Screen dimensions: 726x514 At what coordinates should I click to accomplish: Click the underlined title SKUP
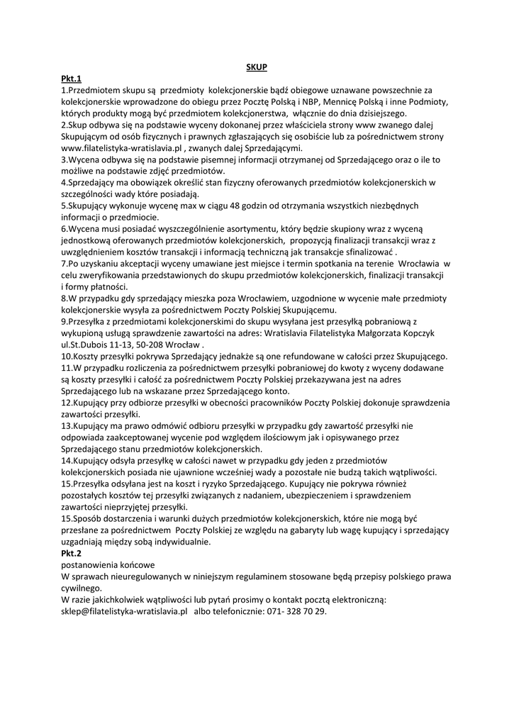tap(256, 67)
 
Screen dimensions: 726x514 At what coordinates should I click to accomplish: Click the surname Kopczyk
tap(434, 333)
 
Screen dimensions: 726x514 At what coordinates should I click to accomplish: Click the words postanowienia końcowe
tap(108, 564)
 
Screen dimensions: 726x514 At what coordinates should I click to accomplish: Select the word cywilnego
tap(82, 588)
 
